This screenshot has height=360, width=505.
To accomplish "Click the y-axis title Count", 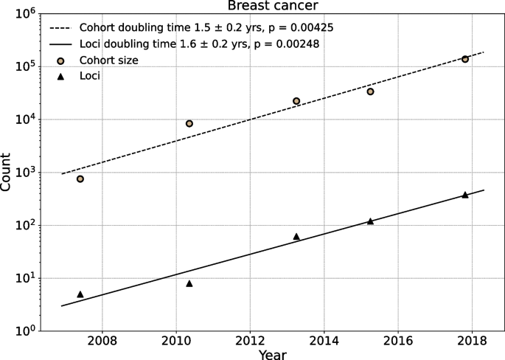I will pos(7,172).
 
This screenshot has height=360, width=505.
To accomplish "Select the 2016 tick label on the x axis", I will pos(398,340).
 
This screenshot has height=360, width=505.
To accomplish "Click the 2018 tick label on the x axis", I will pos(472,340).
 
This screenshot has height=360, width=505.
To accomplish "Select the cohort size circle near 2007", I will pos(80,179).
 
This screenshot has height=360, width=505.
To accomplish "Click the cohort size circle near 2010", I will pos(189,123).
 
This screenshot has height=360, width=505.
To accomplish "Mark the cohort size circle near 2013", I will pos(296,100).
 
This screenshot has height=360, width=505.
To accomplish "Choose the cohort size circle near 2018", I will pos(465,59).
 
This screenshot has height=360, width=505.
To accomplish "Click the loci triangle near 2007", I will pos(80,294).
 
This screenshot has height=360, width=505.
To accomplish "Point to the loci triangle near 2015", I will pos(370,221).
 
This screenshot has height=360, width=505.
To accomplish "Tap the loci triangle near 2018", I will pos(465,195).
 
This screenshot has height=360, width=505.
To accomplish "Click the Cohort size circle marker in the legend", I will pos(60,60).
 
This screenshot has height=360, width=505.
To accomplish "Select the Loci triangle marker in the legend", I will pos(60,75).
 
